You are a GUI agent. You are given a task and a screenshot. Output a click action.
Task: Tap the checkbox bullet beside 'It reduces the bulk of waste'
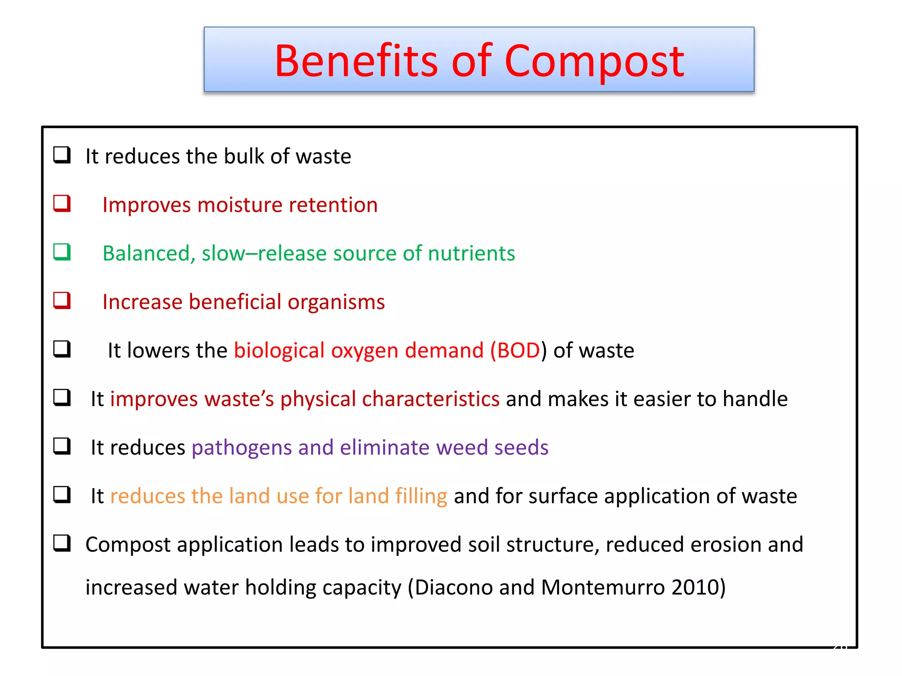[x=62, y=155]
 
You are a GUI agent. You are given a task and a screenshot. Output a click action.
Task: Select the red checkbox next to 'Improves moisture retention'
[x=62, y=203]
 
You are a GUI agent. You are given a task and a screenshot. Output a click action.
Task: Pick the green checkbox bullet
[x=62, y=252]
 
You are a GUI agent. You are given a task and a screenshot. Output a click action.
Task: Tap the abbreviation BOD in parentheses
[x=518, y=351]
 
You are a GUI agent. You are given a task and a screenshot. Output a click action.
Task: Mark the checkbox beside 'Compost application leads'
[x=62, y=543]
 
